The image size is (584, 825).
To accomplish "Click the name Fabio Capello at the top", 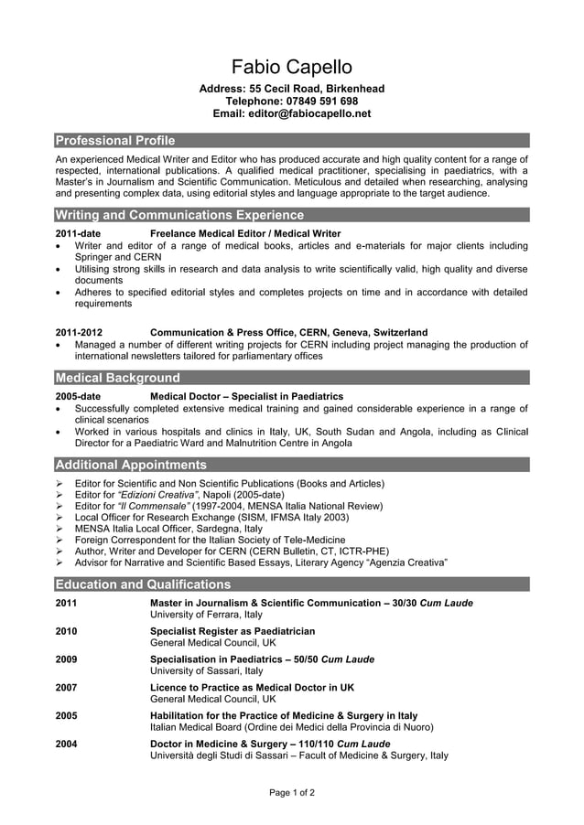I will [291, 67].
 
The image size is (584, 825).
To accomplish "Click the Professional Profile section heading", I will [115, 141].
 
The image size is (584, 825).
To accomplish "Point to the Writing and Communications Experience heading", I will [179, 215].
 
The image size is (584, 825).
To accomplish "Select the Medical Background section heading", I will [118, 378].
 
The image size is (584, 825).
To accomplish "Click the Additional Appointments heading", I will [131, 465].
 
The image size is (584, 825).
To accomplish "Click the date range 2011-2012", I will [79, 333].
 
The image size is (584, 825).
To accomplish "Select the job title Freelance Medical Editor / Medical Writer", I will [245, 234].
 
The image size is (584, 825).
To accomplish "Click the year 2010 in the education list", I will [66, 631].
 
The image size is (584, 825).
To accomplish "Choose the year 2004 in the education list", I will [66, 744].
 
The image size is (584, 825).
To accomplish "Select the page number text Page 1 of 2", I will [291, 793].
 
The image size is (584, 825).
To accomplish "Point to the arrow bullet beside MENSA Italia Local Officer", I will [59, 529].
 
